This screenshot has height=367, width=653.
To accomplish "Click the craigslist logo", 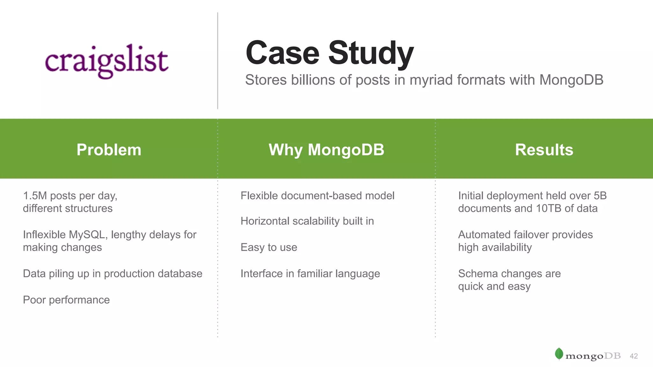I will point(106,61).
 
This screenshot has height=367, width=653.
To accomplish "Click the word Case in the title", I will point(282,53).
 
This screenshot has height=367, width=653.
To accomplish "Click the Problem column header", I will point(109,149).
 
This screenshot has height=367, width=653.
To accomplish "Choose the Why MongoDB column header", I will point(326,149).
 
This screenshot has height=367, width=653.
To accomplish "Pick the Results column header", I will point(544,149).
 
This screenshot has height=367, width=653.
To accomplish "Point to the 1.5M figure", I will point(35,196).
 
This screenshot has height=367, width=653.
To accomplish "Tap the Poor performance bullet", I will point(66,300).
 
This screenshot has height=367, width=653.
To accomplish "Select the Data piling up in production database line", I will point(113,274).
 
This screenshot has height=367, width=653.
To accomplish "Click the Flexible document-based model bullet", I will point(317,196).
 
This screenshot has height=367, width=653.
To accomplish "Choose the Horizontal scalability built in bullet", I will point(307,221).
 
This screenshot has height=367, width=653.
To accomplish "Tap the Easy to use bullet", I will point(269,248).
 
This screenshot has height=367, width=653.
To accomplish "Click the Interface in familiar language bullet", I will point(310,274).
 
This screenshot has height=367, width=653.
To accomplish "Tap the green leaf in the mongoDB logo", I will point(559,354).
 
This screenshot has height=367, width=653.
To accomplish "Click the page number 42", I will point(634,356).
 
